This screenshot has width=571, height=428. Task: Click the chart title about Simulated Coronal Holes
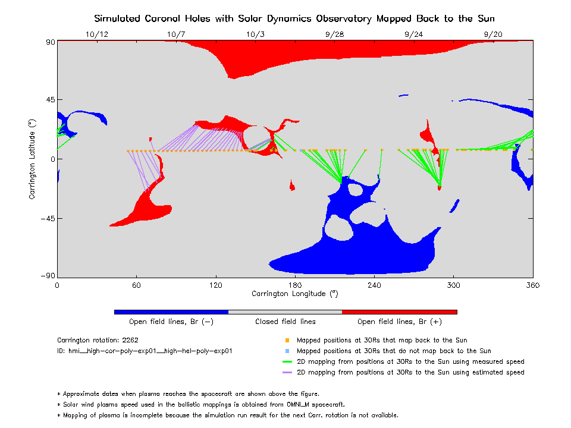click(295, 18)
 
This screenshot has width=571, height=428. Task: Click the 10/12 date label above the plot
click(97, 34)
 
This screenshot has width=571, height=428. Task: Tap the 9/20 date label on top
click(493, 34)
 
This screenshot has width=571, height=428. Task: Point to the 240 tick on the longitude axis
click(374, 285)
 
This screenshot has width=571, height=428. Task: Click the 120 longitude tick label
click(215, 285)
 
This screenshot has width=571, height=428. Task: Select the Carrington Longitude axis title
click(295, 294)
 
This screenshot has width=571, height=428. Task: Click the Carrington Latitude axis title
click(33, 158)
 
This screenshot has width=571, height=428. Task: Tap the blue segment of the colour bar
click(171, 311)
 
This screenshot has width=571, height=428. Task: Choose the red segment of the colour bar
click(400, 311)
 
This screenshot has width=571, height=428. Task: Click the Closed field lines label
click(285, 322)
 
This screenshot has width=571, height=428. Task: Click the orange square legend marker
click(287, 341)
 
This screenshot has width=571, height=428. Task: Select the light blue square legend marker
click(287, 351)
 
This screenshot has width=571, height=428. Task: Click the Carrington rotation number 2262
click(131, 341)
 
